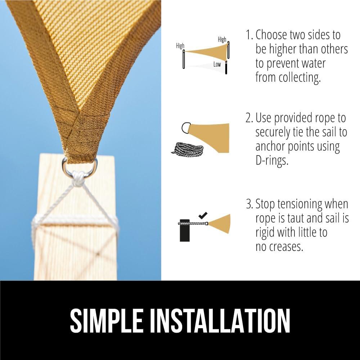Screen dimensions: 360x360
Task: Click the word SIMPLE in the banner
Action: click(x=106, y=321)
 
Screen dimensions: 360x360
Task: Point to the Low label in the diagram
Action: click(x=217, y=64)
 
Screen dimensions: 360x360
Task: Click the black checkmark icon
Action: click(x=203, y=215)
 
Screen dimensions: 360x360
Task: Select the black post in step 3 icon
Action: click(x=185, y=230)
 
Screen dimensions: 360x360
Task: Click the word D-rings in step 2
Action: click(x=272, y=161)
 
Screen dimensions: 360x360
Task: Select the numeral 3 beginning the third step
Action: click(x=249, y=204)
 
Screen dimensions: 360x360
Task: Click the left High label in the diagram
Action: click(x=180, y=46)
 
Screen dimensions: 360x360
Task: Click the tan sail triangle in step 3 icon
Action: click(x=219, y=224)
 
